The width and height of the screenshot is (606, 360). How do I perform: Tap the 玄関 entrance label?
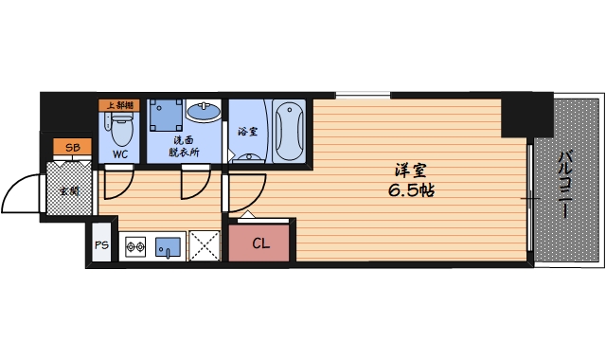68,191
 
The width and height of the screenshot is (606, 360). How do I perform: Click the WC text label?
121,153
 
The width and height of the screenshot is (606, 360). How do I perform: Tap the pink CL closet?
260,243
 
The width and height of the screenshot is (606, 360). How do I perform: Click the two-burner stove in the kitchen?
134,247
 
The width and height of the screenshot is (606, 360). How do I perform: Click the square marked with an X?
203,246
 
